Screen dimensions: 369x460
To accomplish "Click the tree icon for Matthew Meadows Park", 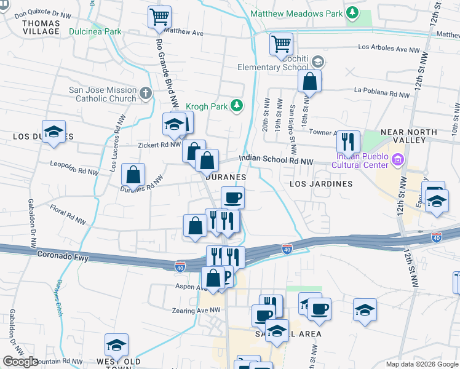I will pos(352,12).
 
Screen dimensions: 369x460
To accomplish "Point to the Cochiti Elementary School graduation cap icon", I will pos(317,61).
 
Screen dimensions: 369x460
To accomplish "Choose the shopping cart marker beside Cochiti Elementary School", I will pos(281,44).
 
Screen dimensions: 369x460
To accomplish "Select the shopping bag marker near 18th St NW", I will pos(310,82).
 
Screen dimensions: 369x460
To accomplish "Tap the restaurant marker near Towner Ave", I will pos(348,141).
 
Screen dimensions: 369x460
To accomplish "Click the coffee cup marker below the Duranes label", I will pos(232,198).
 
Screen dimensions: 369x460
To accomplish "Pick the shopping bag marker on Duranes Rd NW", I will pos(133,175).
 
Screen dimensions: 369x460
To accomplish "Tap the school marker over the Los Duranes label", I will pos(54,132).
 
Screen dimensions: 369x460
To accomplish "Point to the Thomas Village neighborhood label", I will pos(41,27).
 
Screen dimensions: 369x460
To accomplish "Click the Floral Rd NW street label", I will pos(68,216).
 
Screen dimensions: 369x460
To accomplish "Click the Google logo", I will pos(21,362).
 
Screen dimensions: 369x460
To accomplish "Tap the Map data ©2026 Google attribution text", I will pos(421,364).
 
